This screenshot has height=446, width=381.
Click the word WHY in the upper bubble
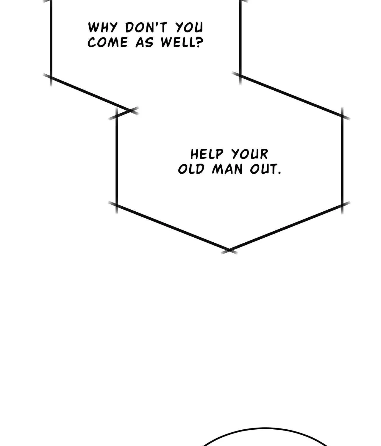[x=103, y=28]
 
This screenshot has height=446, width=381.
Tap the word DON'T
[x=146, y=27]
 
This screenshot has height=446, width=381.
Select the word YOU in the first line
[x=189, y=27]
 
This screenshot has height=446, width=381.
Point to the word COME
[x=107, y=42]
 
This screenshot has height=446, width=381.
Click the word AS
[x=144, y=42]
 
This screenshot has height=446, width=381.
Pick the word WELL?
[x=182, y=42]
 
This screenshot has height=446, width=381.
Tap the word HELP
[x=207, y=155]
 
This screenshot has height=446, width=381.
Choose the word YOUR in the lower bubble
[x=250, y=154]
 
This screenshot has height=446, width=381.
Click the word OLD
[x=191, y=169]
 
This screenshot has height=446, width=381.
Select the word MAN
[x=227, y=169]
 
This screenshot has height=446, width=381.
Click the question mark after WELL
[x=199, y=42]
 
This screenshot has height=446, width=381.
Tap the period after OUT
[x=279, y=173]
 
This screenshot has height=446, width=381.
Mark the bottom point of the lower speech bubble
[x=229, y=250]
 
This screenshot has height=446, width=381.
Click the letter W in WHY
[x=93, y=27]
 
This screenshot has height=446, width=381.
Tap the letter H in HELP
[x=194, y=155]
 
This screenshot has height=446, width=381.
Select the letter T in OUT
[x=274, y=169]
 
